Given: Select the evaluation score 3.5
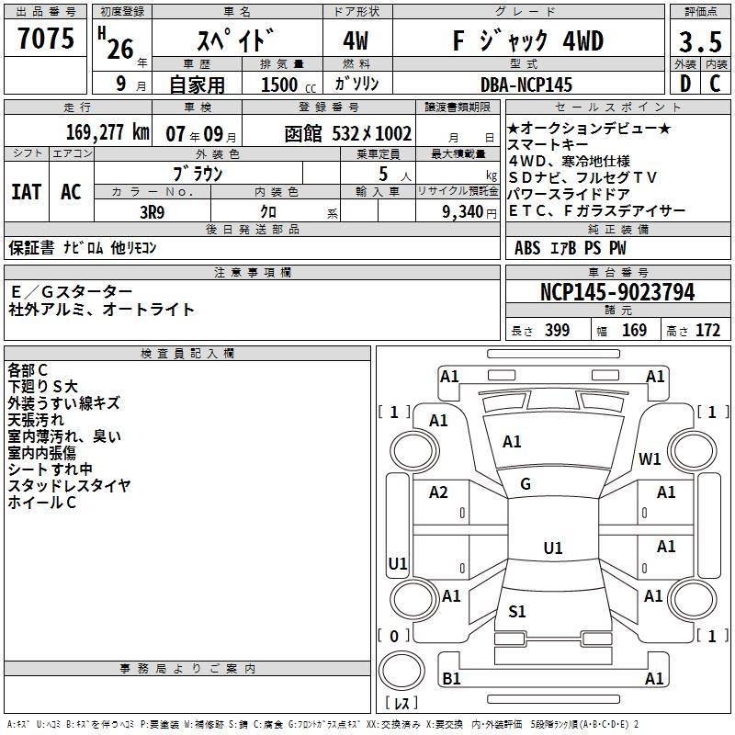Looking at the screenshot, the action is tap(699, 42).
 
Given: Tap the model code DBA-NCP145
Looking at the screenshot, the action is tap(526, 85).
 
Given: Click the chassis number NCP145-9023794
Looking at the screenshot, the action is tap(617, 292).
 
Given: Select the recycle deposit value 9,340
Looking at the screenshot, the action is tap(456, 210).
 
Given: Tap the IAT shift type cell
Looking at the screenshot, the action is tap(26, 192).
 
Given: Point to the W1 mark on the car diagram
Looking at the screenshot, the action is tap(650, 459).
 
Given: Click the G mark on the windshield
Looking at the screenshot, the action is tap(526, 484).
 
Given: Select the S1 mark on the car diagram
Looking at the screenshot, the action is tap(517, 612).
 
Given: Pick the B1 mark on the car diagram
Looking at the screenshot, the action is tap(451, 679).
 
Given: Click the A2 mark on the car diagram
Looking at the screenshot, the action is tap(439, 492).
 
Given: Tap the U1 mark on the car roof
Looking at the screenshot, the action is tap(553, 548).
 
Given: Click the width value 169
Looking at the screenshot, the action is tap(634, 331).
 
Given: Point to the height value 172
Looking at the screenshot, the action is tap(707, 331).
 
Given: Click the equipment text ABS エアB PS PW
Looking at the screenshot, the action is tap(559, 248).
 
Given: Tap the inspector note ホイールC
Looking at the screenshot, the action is tap(42, 503).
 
